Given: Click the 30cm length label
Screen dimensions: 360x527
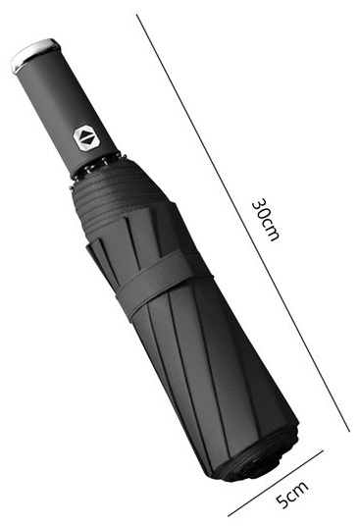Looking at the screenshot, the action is coord(265,220).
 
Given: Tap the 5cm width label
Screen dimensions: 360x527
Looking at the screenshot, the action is coord(292,495).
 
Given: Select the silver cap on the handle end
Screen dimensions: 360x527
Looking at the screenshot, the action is coord(34,55).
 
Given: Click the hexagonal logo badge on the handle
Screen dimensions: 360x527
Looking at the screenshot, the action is coord(86,137).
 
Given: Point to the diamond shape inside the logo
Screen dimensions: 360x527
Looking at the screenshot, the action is coord(86,137).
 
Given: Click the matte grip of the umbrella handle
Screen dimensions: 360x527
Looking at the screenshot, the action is coord(67,111).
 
